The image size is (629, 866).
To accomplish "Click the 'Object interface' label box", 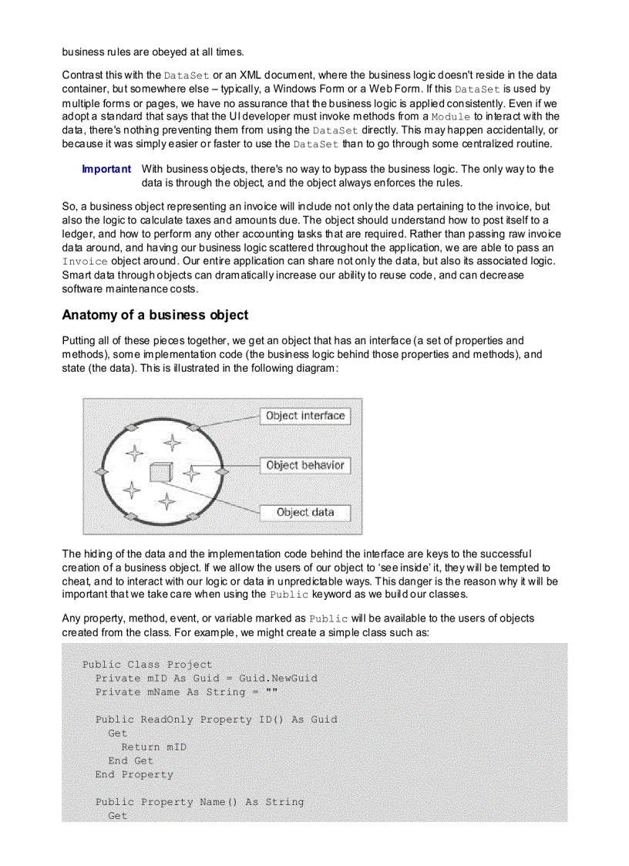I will pos(304,416).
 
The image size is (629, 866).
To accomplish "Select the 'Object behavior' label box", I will pos(305,465).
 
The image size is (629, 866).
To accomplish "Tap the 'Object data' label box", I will pos(305,512).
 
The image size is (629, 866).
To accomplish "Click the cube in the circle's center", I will pos(160,471).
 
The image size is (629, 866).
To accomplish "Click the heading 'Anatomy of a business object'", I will pos(155,315).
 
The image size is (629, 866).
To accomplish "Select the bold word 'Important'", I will pos(106,169).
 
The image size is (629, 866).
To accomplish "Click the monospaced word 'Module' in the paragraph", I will pos(450,116).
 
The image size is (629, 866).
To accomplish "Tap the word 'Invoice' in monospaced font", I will pos(85,261).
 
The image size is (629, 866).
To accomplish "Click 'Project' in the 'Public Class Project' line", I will pos(190,664).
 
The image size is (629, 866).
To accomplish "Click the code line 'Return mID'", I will pos(153,746).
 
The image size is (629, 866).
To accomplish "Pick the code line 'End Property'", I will pos(134,774).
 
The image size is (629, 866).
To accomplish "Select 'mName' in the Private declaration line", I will pos(163,692).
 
